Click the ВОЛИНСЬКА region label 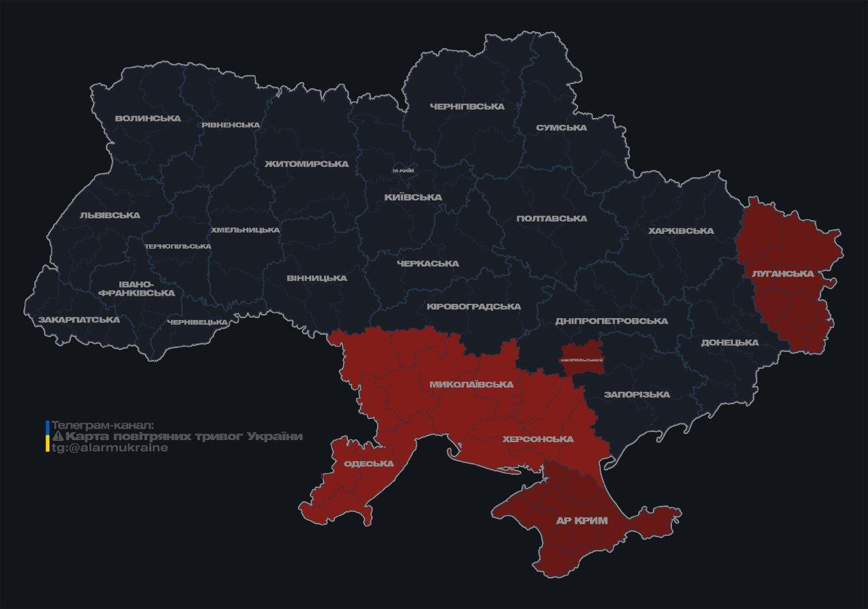pyautogui.click(x=148, y=118)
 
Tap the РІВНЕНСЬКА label pyautogui.click(x=231, y=125)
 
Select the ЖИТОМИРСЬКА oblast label pyautogui.click(x=307, y=164)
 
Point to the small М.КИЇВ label pyautogui.click(x=403, y=170)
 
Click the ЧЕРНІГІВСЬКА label pyautogui.click(x=467, y=106)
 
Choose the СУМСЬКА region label pyautogui.click(x=561, y=127)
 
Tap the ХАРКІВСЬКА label pyautogui.click(x=681, y=231)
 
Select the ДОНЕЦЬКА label pyautogui.click(x=730, y=342)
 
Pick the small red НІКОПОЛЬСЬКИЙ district pyautogui.click(x=582, y=358)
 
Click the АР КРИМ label pyautogui.click(x=581, y=521)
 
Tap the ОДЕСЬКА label pyautogui.click(x=369, y=464)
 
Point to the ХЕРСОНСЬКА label pyautogui.click(x=538, y=439)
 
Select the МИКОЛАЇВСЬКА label pyautogui.click(x=471, y=385)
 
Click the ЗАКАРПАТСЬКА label pyautogui.click(x=79, y=319)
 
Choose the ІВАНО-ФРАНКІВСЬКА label pyautogui.click(x=136, y=288)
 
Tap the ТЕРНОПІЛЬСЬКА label pyautogui.click(x=178, y=246)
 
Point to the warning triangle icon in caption pyautogui.click(x=58, y=436)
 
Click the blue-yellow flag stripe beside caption pyautogui.click(x=47, y=436)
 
